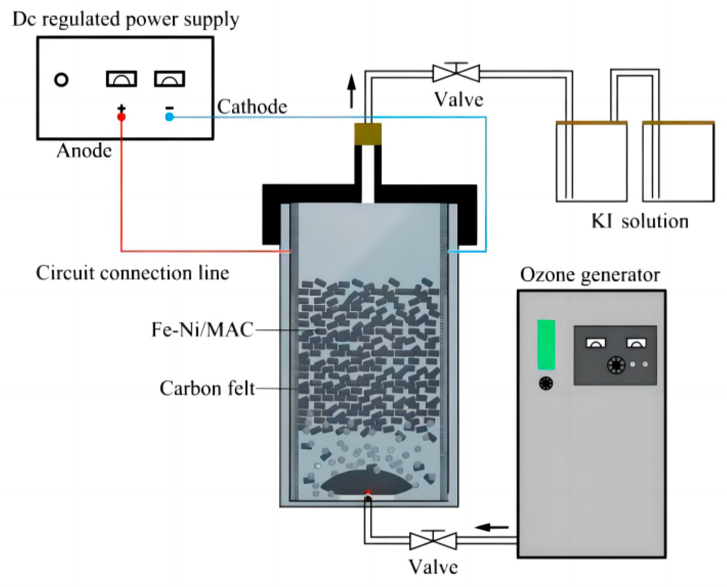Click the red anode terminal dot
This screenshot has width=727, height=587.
coord(121,117)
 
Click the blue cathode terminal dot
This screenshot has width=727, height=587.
coord(169,117)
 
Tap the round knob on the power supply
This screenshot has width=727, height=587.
coord(61,80)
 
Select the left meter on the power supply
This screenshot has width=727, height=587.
coord(121,79)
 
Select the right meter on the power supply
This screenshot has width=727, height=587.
coord(169,79)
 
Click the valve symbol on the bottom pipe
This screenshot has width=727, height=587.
coord(433,540)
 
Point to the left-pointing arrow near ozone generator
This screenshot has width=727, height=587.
coord(491,527)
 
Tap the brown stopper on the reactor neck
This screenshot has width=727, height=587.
coord(368,134)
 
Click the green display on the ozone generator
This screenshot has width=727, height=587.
coord(546,345)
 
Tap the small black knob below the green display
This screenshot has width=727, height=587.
coord(546,383)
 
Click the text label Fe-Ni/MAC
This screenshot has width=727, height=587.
coord(202,330)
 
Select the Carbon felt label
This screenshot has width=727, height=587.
coord(207,388)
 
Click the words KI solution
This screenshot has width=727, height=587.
coord(640,221)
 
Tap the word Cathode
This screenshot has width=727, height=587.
coord(252,107)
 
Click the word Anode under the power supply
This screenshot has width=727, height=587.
coord(84,151)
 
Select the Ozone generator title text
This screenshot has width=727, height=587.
coord(590,275)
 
